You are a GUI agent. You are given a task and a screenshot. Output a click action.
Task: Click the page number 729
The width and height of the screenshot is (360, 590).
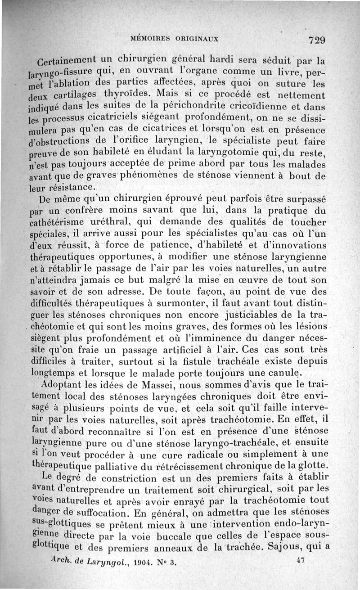317,40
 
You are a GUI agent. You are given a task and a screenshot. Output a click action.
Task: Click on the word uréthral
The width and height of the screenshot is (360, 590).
109,222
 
